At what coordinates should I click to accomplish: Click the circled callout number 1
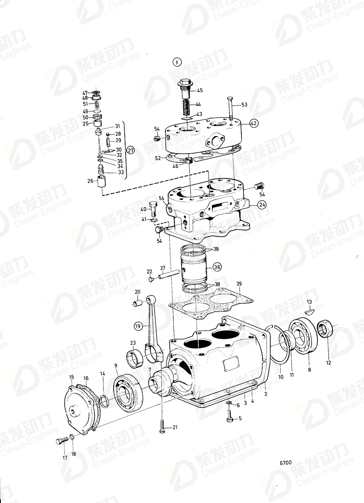click(x=176, y=63)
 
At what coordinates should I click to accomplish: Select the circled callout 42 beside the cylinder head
click(x=254, y=123)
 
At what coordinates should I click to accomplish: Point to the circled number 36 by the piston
click(x=217, y=267)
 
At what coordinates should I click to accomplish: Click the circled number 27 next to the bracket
click(x=130, y=150)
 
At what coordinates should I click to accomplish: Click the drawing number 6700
click(x=285, y=463)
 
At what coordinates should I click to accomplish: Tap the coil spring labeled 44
click(x=186, y=108)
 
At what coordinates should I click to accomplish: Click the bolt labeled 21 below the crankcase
click(x=162, y=427)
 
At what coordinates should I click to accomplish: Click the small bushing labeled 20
click(x=138, y=304)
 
